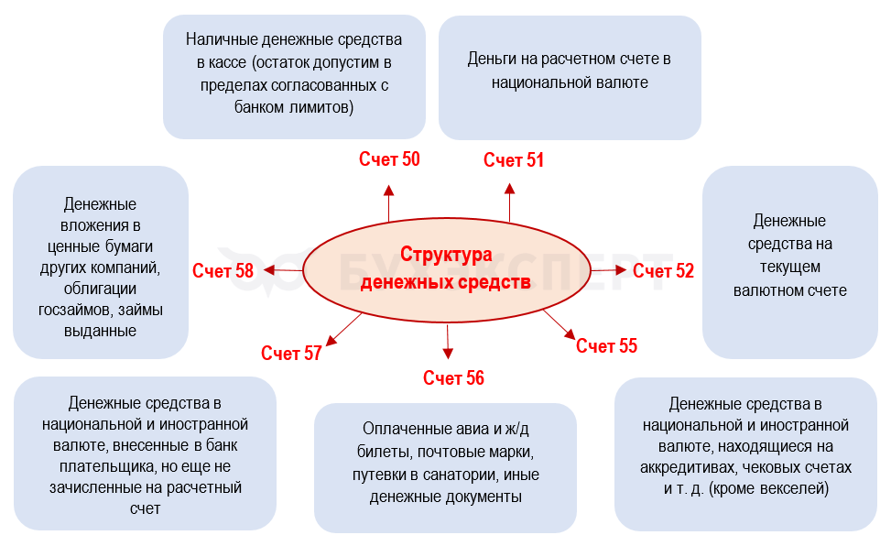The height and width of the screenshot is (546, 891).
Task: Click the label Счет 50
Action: pyautogui.click(x=389, y=159)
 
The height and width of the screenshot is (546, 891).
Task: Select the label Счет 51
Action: pyautogui.click(x=514, y=160)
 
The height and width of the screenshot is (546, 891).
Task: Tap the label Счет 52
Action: pyautogui.click(x=663, y=271)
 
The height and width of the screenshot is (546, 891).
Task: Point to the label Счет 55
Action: pyautogui.click(x=606, y=346)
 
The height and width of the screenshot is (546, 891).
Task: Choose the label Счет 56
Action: pyautogui.click(x=453, y=378)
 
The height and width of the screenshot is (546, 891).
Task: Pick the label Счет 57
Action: pyautogui.click(x=291, y=354)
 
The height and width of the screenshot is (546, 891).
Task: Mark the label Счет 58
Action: pyautogui.click(x=223, y=271)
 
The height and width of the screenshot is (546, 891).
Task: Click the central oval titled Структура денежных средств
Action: pyautogui.click(x=446, y=268)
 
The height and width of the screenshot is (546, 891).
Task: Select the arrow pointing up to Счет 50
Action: pyautogui.click(x=388, y=202)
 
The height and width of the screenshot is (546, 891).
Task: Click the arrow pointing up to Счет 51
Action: pyautogui.click(x=509, y=202)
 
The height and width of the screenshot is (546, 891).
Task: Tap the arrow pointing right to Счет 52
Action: pyautogui.click(x=609, y=270)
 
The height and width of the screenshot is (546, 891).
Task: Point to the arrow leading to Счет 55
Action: pyautogui.click(x=558, y=324)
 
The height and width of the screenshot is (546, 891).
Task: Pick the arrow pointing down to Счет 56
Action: pyautogui.click(x=448, y=343)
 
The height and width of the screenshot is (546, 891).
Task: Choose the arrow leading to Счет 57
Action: pyautogui.click(x=344, y=329)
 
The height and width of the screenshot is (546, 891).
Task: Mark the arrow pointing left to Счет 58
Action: pyautogui.click(x=283, y=269)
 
